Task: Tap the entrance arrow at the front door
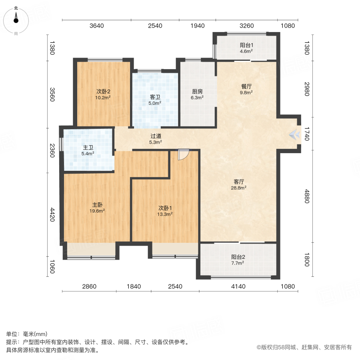[295, 135]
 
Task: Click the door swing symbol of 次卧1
[183, 155]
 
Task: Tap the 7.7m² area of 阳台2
[238, 263]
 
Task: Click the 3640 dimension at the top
[97, 26]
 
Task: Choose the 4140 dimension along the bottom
[238, 286]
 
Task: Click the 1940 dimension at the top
[198, 26]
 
